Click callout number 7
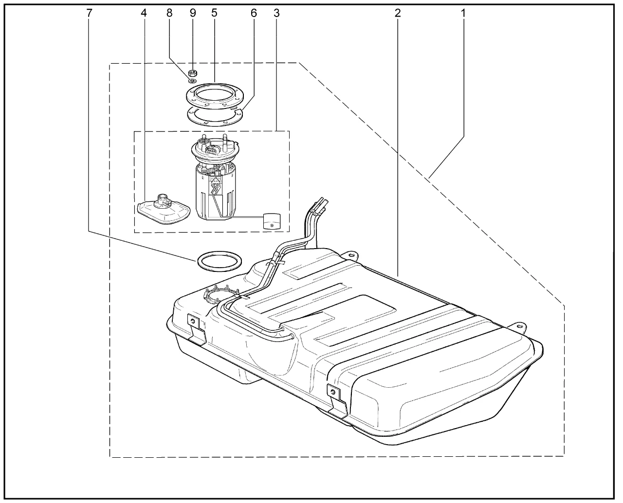89,13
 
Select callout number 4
144,13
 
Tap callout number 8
169,13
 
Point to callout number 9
193,13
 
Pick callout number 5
214,13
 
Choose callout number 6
254,13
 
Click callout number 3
276,13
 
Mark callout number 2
398,13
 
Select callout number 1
463,13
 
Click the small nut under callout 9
192,73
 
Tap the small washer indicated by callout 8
192,81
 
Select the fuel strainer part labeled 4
162,210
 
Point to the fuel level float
271,220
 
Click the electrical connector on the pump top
212,151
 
